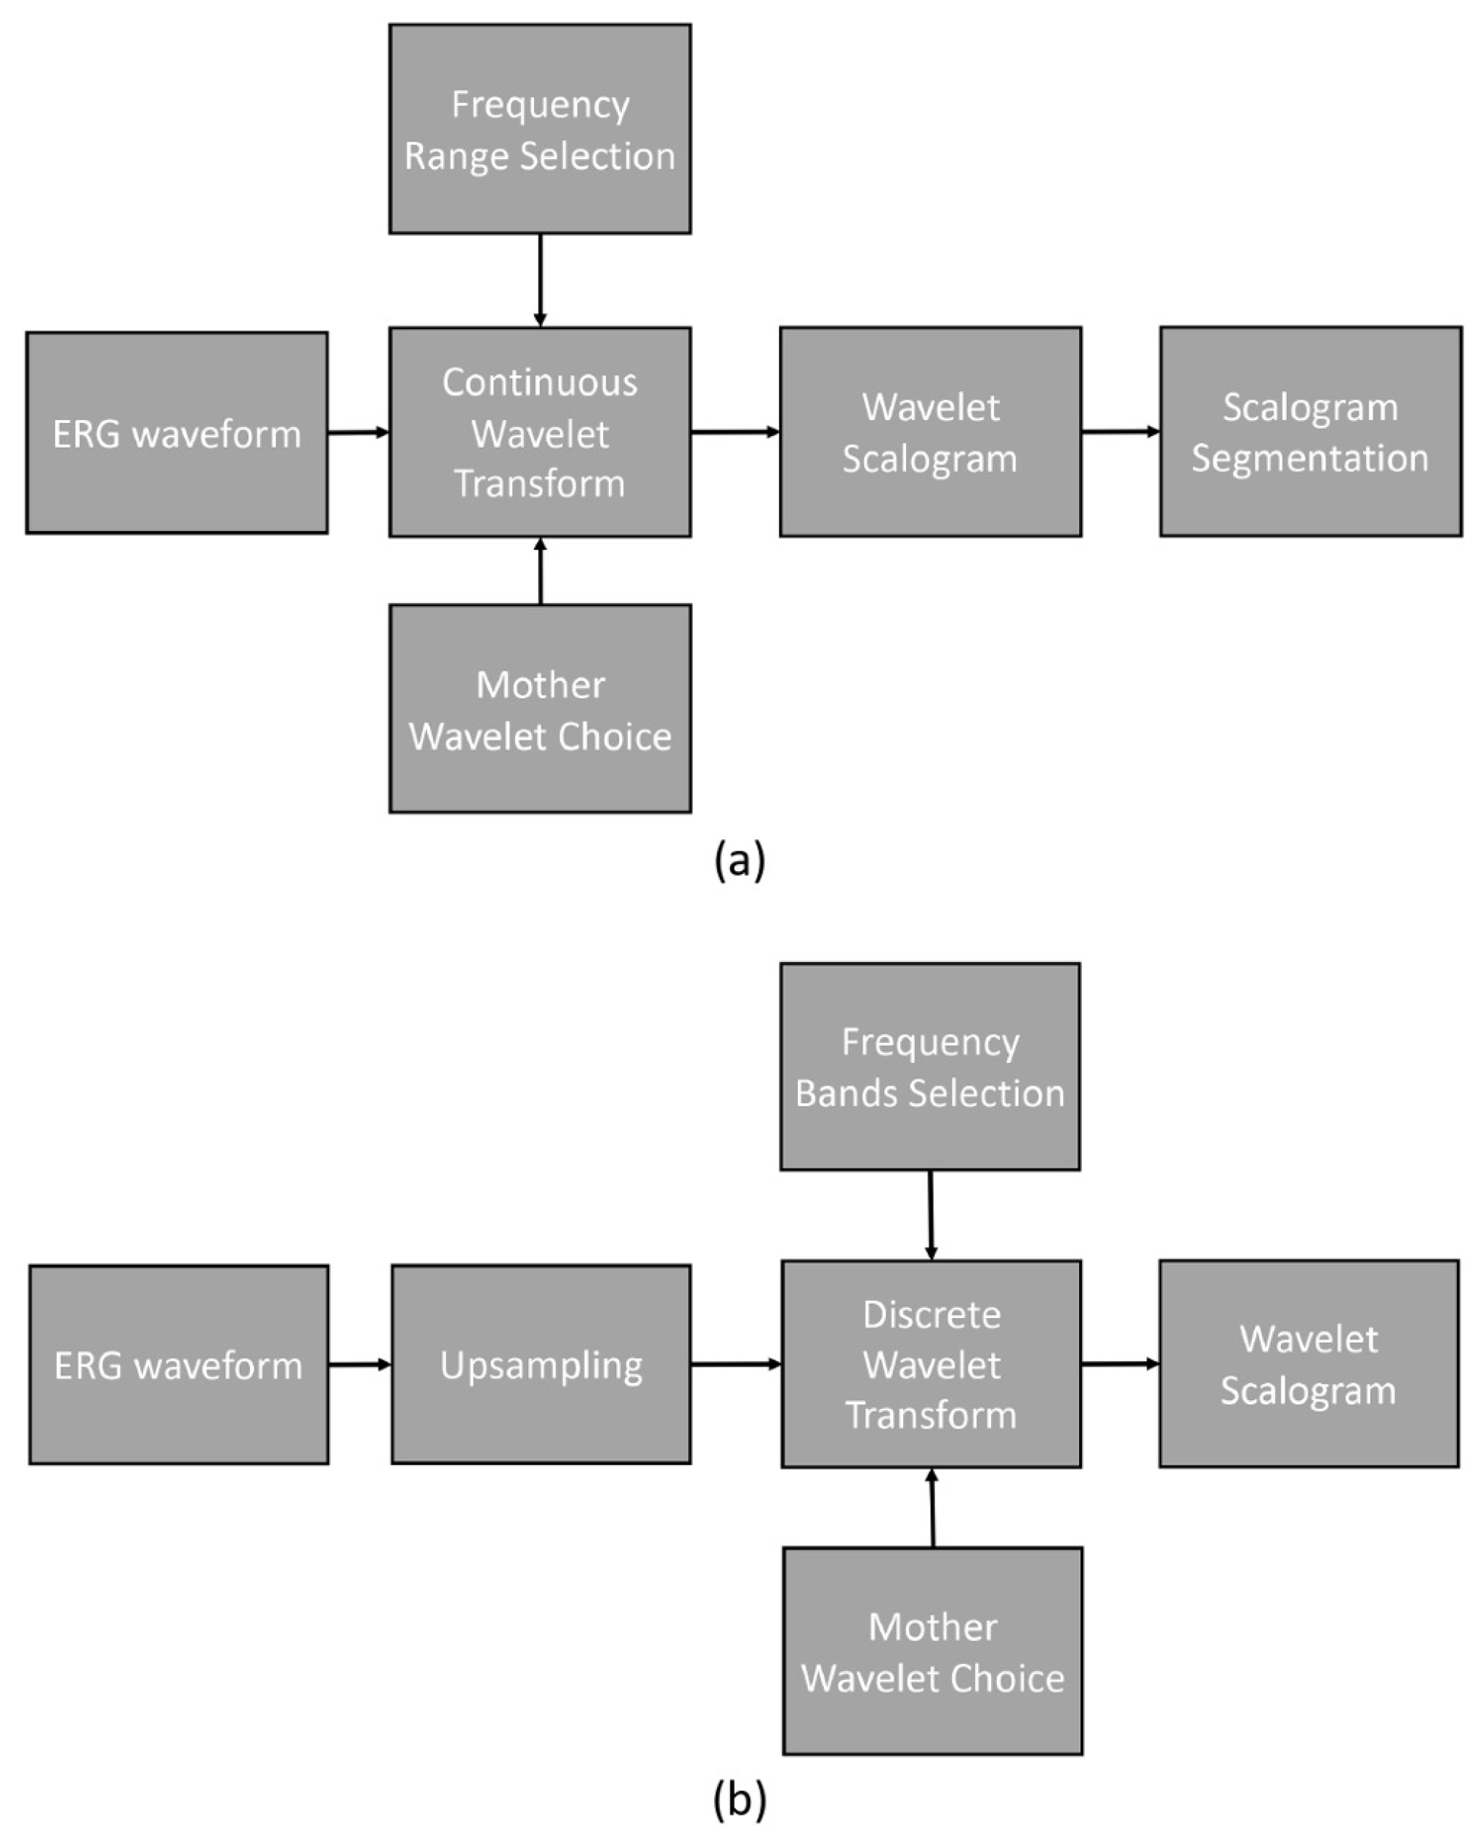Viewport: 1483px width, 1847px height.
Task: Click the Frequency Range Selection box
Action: click(x=540, y=129)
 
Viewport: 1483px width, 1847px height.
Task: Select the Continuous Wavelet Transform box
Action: click(x=540, y=432)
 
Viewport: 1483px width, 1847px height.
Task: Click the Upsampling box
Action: click(x=541, y=1365)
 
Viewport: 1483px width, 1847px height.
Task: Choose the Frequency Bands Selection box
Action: click(x=929, y=1067)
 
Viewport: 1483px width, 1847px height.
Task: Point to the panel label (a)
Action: click(x=740, y=860)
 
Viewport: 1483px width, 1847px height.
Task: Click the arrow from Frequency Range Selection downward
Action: click(x=540, y=279)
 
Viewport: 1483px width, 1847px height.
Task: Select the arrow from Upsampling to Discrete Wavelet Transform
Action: click(x=735, y=1364)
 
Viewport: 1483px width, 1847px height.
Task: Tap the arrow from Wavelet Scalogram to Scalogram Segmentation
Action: click(x=1120, y=431)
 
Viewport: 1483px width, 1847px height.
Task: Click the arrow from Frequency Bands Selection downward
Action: click(x=930, y=1214)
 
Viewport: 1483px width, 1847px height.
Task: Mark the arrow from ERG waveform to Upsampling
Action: click(x=359, y=1364)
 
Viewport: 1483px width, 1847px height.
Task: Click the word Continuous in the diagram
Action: click(x=540, y=382)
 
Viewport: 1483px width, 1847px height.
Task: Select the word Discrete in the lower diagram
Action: click(x=932, y=1315)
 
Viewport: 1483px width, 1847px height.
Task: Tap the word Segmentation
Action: click(x=1310, y=458)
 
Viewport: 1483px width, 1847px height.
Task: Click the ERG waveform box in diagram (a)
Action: click(x=177, y=432)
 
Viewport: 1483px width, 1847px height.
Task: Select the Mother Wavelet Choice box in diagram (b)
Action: click(x=932, y=1651)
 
